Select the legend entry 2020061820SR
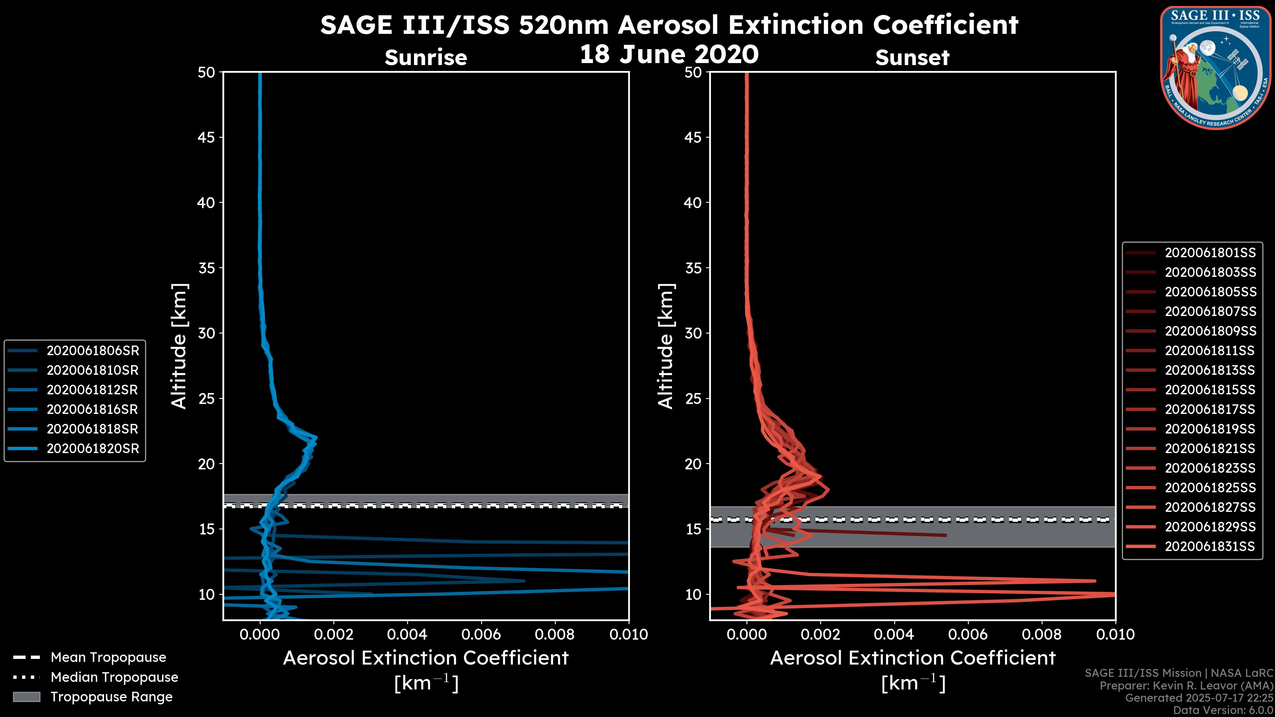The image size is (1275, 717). (93, 449)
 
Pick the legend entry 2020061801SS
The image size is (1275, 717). (1210, 253)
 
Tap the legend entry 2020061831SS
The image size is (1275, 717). (1210, 546)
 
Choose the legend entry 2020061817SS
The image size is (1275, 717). (1210, 409)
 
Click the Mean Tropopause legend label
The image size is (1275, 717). (108, 657)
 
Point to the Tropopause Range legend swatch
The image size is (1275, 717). (27, 697)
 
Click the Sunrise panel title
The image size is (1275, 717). (426, 57)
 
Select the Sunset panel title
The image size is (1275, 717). (912, 57)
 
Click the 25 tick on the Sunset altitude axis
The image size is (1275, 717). (693, 398)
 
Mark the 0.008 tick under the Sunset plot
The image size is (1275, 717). (1042, 634)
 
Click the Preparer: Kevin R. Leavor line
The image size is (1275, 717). (1186, 686)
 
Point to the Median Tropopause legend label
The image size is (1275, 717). (114, 677)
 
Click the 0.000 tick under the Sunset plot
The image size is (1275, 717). (746, 634)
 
